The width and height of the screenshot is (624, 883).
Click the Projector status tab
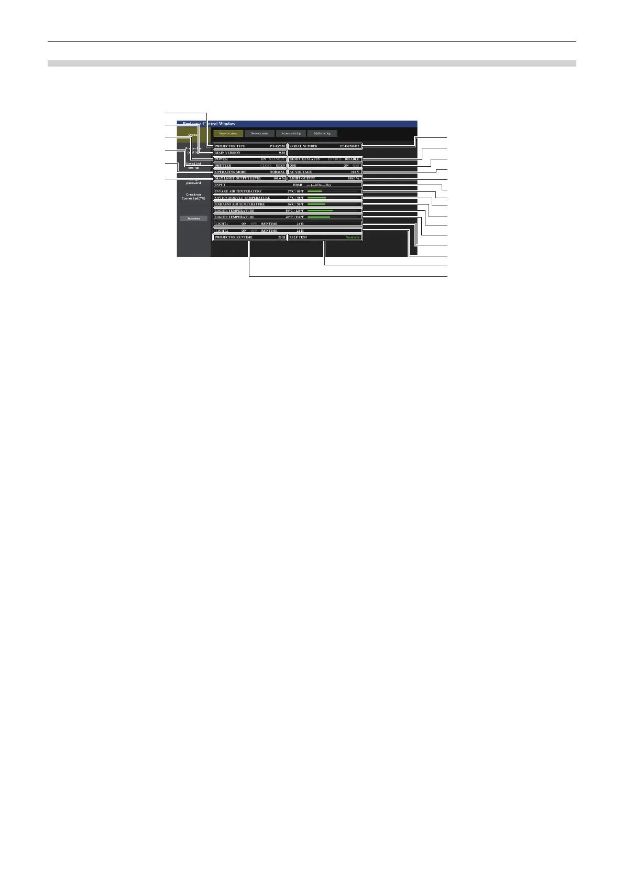point(228,134)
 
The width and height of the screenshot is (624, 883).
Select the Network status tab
point(259,134)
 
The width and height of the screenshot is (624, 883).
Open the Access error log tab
point(291,134)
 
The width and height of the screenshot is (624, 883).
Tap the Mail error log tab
point(322,134)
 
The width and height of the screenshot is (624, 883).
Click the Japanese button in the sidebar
point(193,218)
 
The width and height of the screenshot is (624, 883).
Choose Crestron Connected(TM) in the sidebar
point(193,197)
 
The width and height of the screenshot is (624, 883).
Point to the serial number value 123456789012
point(349,146)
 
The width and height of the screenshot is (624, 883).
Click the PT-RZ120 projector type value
point(278,146)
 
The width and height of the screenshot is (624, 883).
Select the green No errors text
point(353,238)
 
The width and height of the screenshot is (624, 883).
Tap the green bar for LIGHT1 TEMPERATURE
point(320,211)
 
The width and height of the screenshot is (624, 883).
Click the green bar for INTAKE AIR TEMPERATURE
point(314,191)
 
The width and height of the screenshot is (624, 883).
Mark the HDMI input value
point(298,185)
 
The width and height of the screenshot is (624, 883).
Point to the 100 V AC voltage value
point(355,172)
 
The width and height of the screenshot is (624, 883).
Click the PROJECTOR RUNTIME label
point(233,238)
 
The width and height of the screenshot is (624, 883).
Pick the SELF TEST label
point(298,238)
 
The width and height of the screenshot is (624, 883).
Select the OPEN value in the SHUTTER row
point(280,166)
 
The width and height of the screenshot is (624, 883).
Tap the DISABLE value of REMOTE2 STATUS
point(352,159)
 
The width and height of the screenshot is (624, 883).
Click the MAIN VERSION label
point(227,153)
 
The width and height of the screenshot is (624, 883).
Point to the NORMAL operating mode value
point(277,172)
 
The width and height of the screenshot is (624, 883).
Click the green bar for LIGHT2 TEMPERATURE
point(319,217)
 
